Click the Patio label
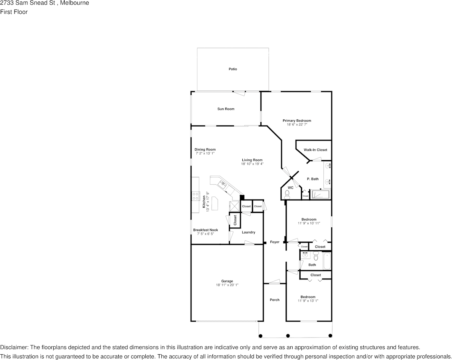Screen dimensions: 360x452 tap(232, 69)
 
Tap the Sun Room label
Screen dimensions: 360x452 tap(226, 109)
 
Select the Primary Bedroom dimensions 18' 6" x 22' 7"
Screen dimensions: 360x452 tap(297, 125)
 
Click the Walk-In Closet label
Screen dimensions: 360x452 tap(315, 150)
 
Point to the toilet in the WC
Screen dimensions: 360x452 tap(287, 194)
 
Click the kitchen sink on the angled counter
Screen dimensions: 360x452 tap(223, 184)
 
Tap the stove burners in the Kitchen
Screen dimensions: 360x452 tap(196, 196)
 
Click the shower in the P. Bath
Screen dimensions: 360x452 tap(321, 195)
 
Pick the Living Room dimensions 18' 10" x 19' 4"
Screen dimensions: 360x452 tap(252, 164)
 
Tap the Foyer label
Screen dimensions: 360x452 tap(274, 242)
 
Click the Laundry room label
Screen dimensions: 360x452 tap(248, 232)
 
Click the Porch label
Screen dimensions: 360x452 tap(274, 300)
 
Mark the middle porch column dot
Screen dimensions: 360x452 tap(288, 336)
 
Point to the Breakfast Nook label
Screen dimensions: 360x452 tap(205, 230)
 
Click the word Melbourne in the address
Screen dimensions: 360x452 tap(75, 3)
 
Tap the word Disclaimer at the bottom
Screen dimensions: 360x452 tap(14, 347)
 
